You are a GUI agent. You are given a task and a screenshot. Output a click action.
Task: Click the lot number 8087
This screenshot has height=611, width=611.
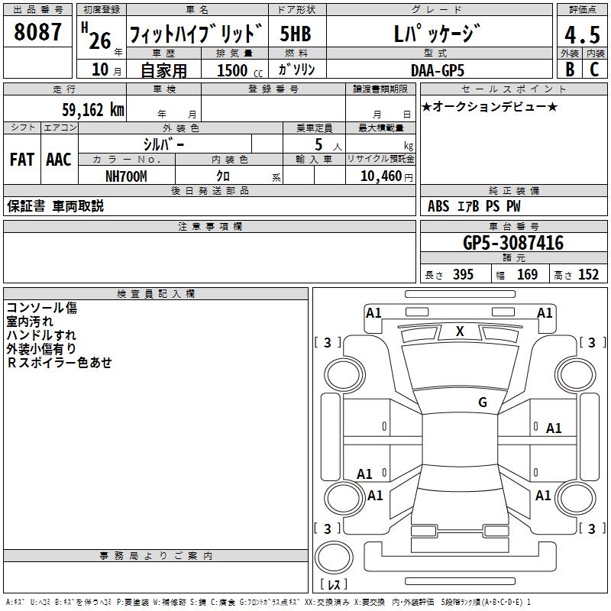tap(37, 33)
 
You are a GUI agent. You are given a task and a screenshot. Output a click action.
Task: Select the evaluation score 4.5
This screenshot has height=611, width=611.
tap(582, 34)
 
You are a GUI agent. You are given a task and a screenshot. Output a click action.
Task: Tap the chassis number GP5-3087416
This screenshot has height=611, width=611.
tap(513, 244)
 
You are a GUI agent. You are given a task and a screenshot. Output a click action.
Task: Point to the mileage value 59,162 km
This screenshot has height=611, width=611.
tap(92, 110)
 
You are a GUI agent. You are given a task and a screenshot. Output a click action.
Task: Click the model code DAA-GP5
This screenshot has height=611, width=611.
tap(437, 70)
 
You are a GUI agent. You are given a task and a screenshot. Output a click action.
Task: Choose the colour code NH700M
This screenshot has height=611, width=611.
tap(126, 176)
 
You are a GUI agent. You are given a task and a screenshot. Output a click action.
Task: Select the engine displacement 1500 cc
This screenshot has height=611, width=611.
tap(237, 70)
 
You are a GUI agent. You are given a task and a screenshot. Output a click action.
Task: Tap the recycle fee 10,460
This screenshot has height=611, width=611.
tap(380, 176)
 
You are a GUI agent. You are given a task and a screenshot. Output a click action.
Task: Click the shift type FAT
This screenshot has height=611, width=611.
tap(21, 159)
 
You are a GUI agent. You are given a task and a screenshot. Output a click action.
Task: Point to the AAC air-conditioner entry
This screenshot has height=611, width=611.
tap(59, 159)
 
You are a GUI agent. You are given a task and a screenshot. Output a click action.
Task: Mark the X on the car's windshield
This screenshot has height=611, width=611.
tap(460, 331)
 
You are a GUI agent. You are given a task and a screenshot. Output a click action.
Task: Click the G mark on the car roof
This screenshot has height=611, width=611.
tap(482, 402)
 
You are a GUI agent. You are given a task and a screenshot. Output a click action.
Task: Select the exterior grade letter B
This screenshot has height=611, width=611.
tap(570, 70)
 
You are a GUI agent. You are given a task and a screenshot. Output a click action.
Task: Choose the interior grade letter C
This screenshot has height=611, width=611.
tap(595, 70)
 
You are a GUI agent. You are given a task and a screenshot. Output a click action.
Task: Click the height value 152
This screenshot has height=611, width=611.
tap(588, 275)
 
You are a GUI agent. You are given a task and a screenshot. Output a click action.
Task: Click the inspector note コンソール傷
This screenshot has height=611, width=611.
tap(42, 308)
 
